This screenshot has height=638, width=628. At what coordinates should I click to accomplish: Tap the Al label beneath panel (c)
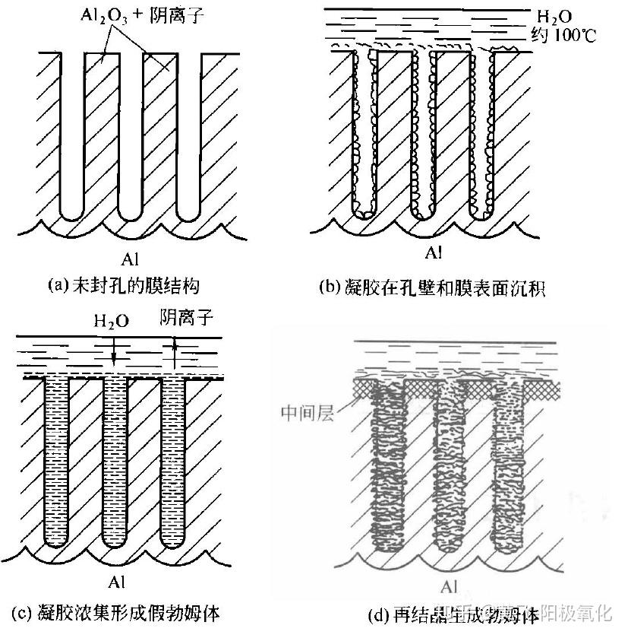[x=115, y=583]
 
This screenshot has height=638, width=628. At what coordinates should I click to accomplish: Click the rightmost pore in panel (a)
[x=189, y=137]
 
